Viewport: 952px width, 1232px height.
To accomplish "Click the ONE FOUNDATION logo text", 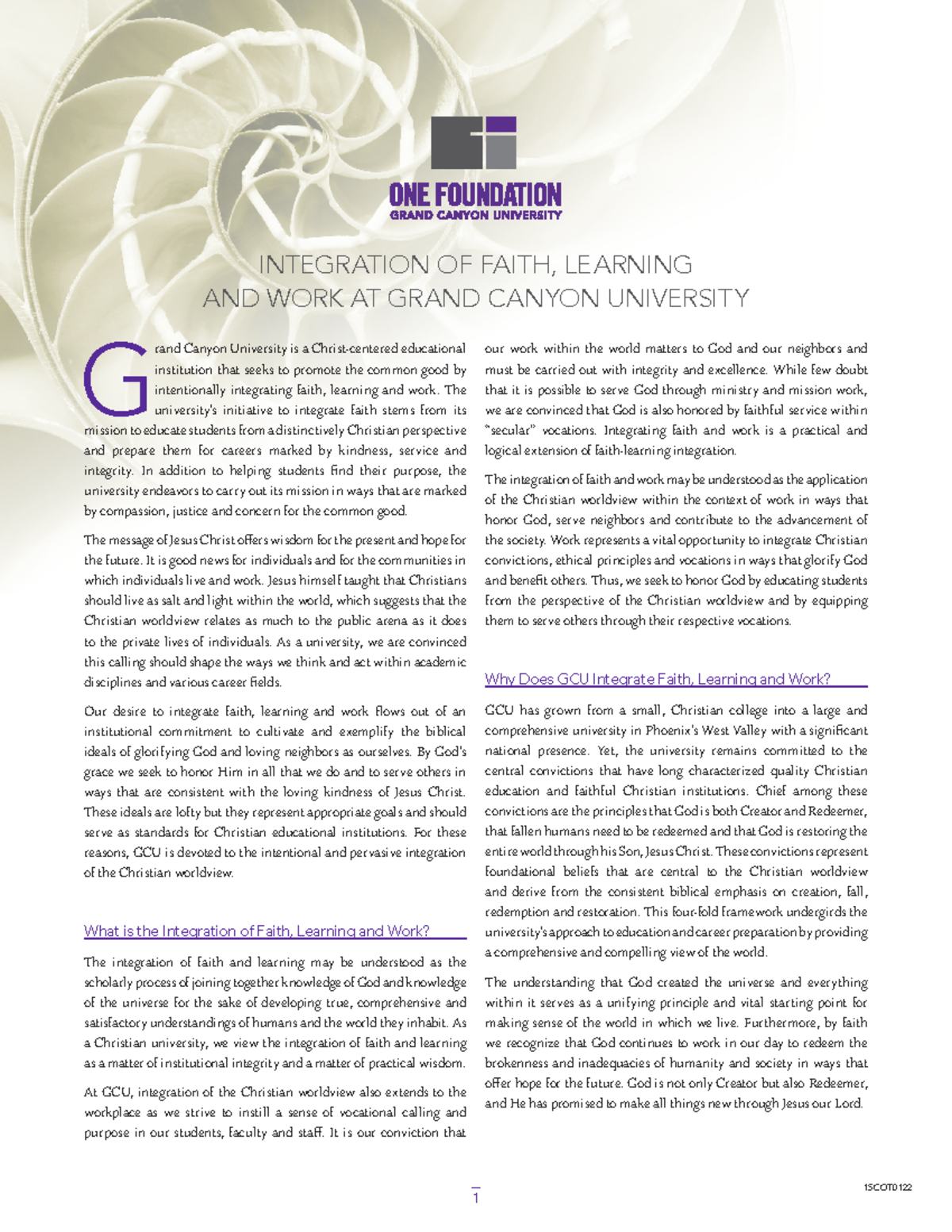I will click(x=474, y=194).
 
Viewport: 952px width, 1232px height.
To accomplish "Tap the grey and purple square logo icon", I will click(x=474, y=143).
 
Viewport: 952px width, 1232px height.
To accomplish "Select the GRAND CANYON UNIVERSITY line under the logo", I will click(x=474, y=215).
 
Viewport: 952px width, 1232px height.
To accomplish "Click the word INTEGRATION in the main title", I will click(x=342, y=264).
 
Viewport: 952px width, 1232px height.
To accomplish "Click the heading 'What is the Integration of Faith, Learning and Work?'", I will click(x=257, y=931).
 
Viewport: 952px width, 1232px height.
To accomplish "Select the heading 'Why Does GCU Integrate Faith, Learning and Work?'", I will click(x=658, y=679).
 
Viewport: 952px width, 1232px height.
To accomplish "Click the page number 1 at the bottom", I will click(x=476, y=1198).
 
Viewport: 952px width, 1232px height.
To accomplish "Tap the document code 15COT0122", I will click(x=888, y=1188).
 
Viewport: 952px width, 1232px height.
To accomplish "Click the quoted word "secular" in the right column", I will click(x=511, y=430).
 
